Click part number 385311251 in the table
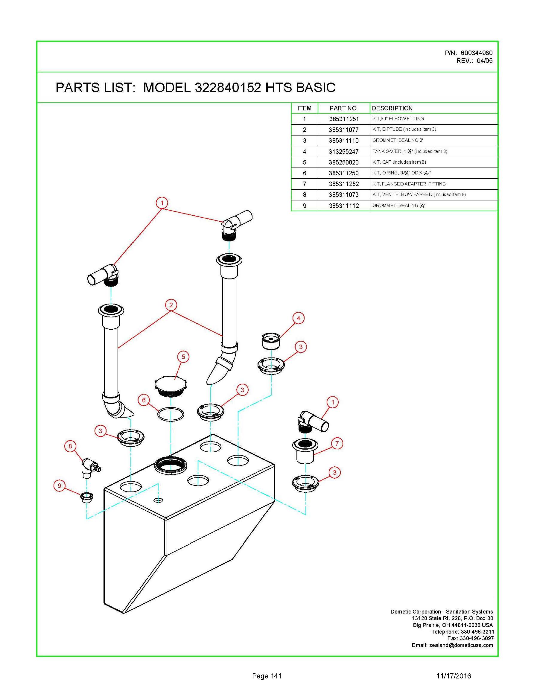point(343,119)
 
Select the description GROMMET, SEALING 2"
point(398,140)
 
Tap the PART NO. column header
point(343,108)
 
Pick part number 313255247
point(343,152)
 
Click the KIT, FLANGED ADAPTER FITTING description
point(409,184)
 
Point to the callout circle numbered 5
point(183,357)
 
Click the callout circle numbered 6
point(144,400)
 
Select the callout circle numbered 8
point(70,446)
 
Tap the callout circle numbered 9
point(60,485)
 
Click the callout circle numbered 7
point(337,443)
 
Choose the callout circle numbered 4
point(298,318)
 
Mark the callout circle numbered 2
point(171,305)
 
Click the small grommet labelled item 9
point(86,497)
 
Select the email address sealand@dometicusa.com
point(461,645)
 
